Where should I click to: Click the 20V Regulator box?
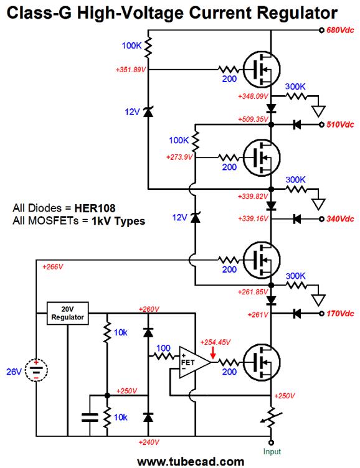click(x=67, y=313)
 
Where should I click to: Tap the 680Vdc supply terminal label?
click(x=340, y=30)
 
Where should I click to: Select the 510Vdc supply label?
click(x=340, y=124)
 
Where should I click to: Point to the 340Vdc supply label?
click(x=340, y=219)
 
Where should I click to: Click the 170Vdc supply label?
click(x=340, y=314)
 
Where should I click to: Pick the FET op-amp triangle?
click(x=194, y=362)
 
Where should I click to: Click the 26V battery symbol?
click(x=36, y=370)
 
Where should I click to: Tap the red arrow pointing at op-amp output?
click(x=213, y=352)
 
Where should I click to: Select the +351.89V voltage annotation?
click(x=131, y=70)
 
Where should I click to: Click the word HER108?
click(x=95, y=208)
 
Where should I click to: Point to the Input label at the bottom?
click(x=272, y=452)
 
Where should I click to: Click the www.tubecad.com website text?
click(x=191, y=462)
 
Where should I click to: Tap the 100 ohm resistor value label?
click(x=163, y=348)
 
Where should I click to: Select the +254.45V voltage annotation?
click(x=216, y=342)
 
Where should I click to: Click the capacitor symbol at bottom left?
click(x=90, y=417)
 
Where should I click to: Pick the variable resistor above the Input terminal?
click(x=272, y=418)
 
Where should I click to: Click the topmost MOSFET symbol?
click(x=262, y=69)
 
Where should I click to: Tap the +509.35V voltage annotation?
click(x=253, y=119)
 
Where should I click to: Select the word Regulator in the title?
click(x=297, y=13)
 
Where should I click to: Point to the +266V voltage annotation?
click(x=53, y=266)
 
